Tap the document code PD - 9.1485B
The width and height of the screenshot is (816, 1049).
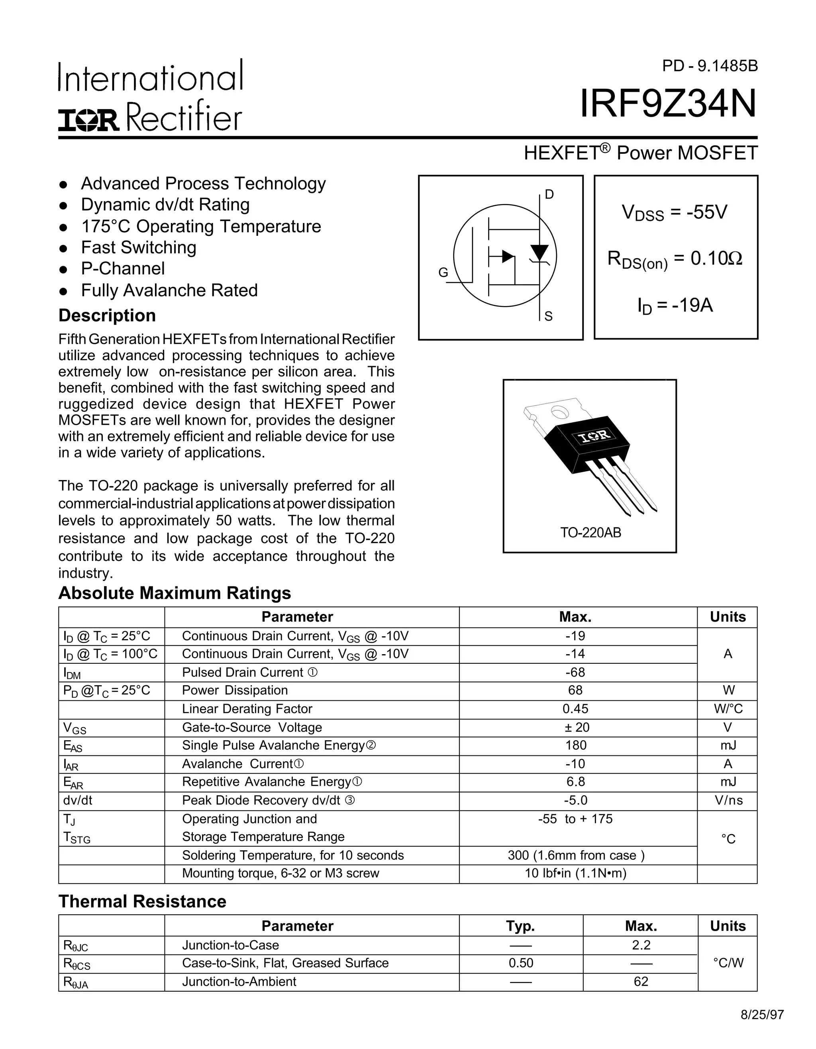pos(709,66)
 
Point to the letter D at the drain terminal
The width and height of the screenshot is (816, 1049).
pos(549,194)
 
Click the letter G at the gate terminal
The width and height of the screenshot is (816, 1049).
pos(443,273)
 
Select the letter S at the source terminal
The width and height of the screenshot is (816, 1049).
pos(549,316)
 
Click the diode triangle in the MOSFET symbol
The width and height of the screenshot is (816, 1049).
pos(539,252)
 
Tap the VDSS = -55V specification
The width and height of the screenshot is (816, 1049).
pos(675,212)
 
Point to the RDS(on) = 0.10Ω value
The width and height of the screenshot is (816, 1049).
pos(675,259)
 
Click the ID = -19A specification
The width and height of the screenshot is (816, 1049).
pos(675,306)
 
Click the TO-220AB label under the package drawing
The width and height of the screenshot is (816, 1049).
pos(590,533)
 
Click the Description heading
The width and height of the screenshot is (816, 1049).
pos(107,316)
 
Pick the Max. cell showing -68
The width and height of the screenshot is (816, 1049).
pos(575,673)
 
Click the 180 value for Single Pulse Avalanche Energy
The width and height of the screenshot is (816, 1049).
pos(575,745)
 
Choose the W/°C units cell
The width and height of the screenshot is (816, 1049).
pos(728,709)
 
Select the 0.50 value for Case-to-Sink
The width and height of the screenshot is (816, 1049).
pos(521,963)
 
